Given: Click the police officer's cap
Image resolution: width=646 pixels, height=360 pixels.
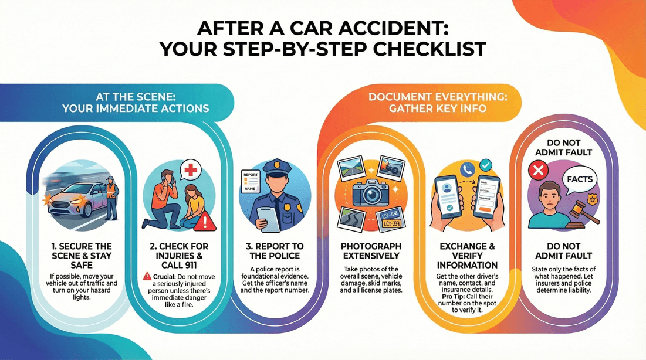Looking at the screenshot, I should pyautogui.click(x=273, y=168).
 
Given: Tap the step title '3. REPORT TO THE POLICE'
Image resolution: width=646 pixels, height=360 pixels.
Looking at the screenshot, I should pyautogui.click(x=275, y=251).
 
